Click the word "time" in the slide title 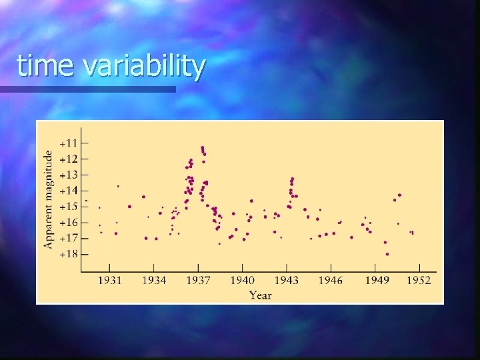tap(45, 67)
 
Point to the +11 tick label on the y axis tap(69, 143)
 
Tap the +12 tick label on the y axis tap(69, 159)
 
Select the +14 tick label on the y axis tap(69, 191)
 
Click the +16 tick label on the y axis tap(69, 222)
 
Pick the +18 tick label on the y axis tap(69, 254)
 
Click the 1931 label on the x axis tap(110, 280)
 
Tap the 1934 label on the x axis tap(154, 280)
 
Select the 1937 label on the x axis tap(198, 280)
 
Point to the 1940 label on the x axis tap(243, 280)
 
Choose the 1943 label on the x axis tap(287, 280)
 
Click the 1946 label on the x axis tap(331, 280)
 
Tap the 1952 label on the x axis tap(419, 280)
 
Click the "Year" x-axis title tap(260, 295)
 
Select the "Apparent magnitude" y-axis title tap(49, 199)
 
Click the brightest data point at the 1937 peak tap(202, 147)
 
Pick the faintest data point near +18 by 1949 tap(387, 254)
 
